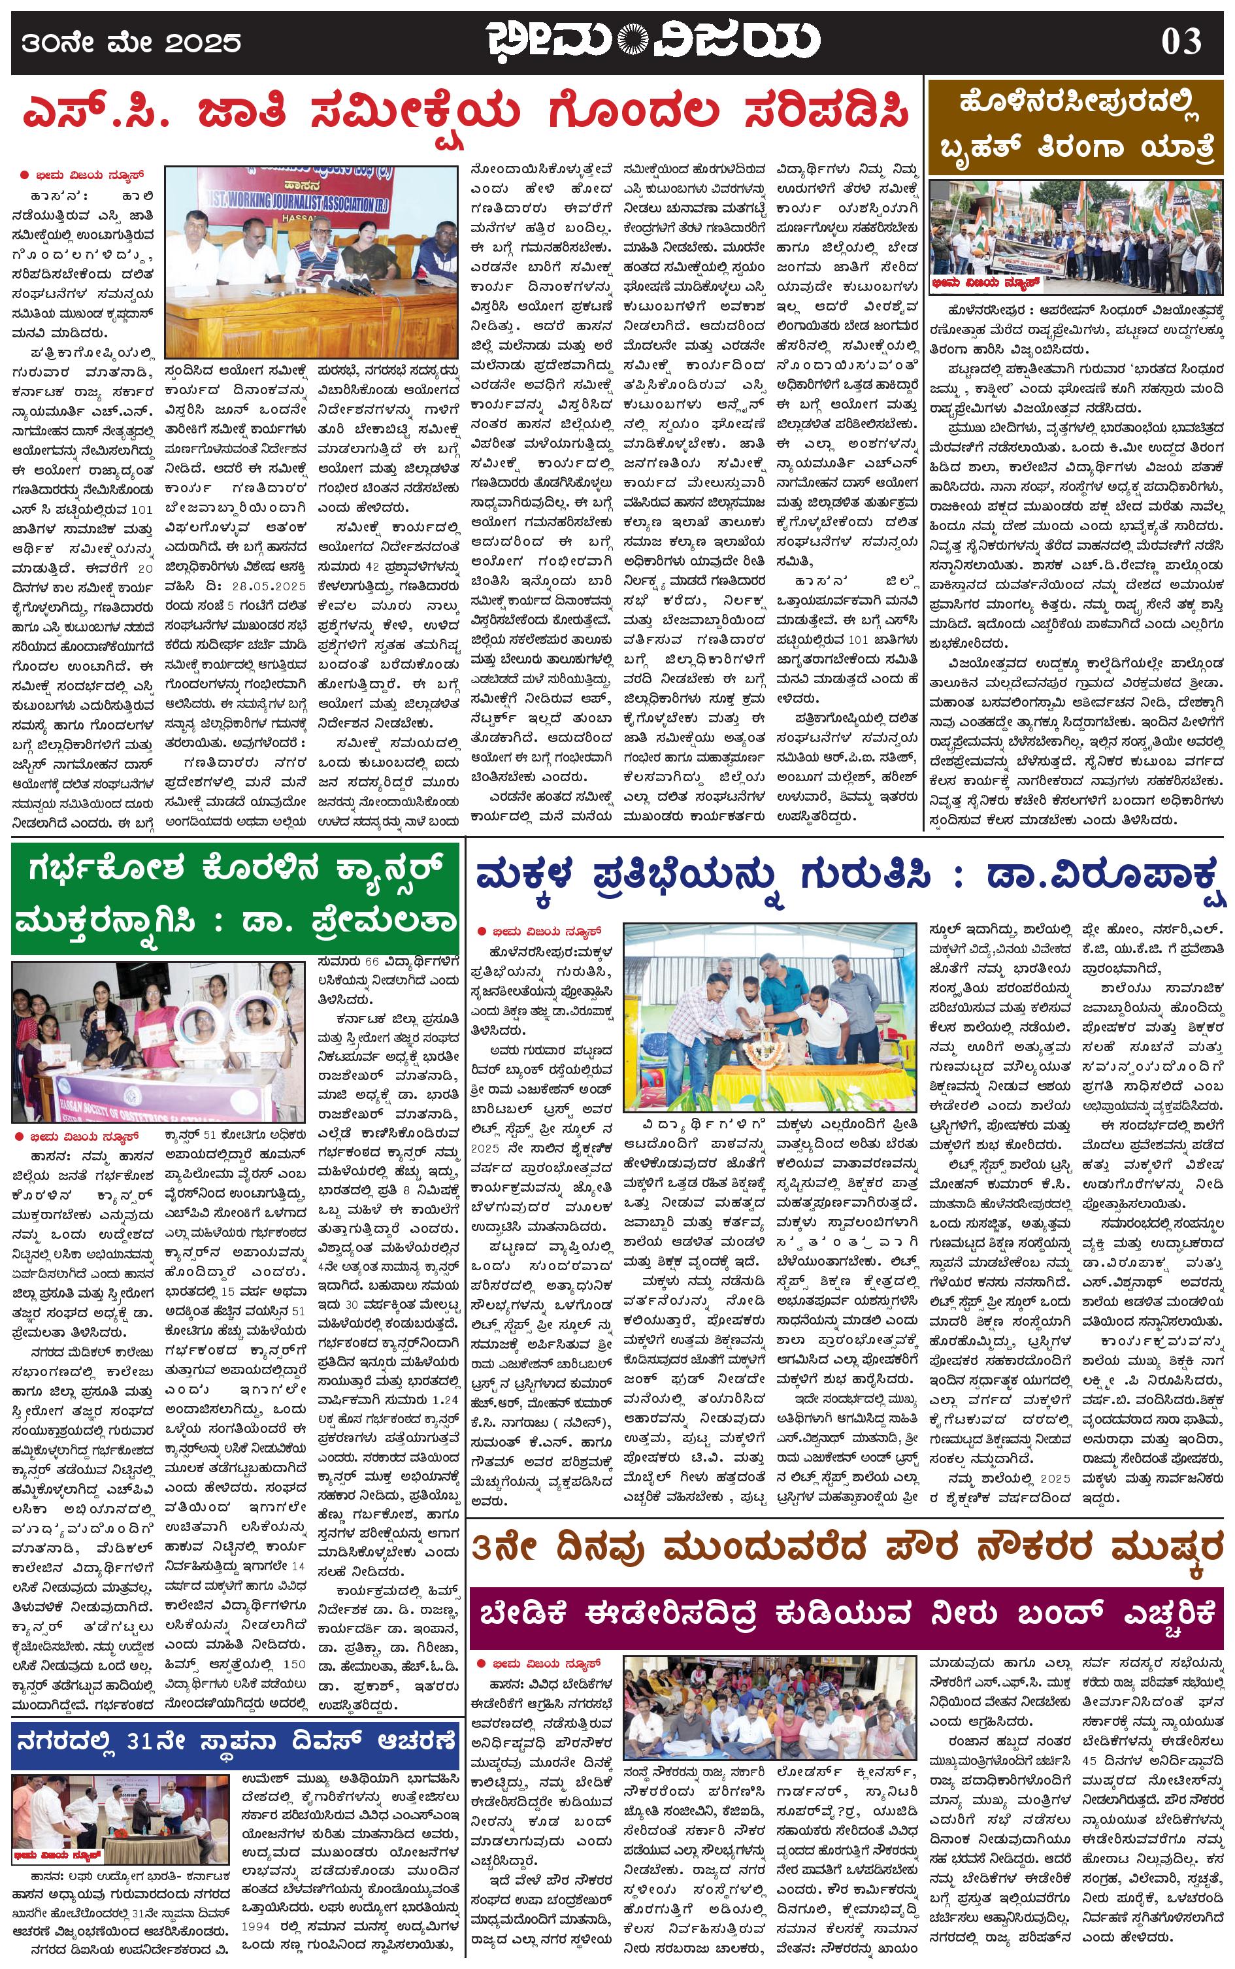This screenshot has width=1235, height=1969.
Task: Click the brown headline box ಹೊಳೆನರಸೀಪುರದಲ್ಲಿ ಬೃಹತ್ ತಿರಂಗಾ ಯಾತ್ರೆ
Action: point(1078,128)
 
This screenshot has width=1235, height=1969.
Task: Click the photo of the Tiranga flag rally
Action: point(1078,233)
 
